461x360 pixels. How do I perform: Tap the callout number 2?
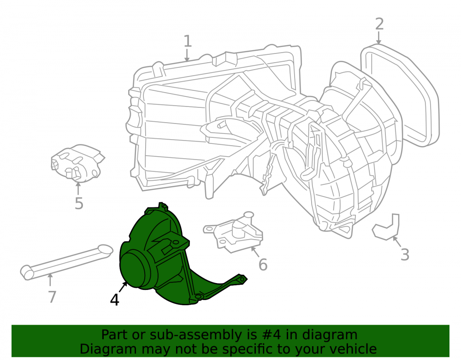click(x=379, y=24)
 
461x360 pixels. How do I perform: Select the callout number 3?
click(x=405, y=254)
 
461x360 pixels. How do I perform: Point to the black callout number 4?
click(x=114, y=300)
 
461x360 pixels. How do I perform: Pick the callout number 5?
click(x=79, y=203)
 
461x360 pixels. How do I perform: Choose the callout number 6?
click(x=263, y=264)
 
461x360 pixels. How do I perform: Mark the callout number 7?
click(x=52, y=297)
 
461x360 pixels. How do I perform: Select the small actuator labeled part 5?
click(x=77, y=163)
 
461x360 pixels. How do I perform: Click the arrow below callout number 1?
click(x=187, y=55)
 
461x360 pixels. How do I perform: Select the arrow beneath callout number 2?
click(x=378, y=38)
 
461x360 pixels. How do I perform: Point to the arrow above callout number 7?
click(x=50, y=280)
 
